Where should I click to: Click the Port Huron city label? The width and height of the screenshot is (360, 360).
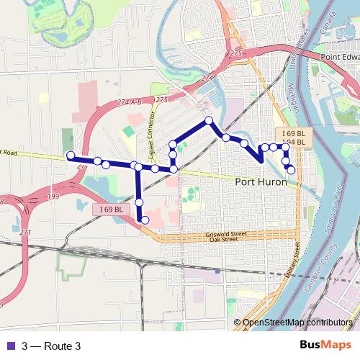(x=261, y=182)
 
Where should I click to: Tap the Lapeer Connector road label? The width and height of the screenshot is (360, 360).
(x=153, y=119)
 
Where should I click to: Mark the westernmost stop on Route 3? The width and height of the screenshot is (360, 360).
(x=71, y=156)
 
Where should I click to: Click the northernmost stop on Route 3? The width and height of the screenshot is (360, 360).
(x=209, y=120)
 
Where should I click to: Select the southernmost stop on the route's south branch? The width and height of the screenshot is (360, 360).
(x=145, y=220)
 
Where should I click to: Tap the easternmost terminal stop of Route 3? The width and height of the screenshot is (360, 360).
(x=291, y=170)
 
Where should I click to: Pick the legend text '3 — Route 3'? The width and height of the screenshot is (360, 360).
(x=51, y=346)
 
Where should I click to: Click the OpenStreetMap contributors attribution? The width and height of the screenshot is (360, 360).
(x=297, y=323)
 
